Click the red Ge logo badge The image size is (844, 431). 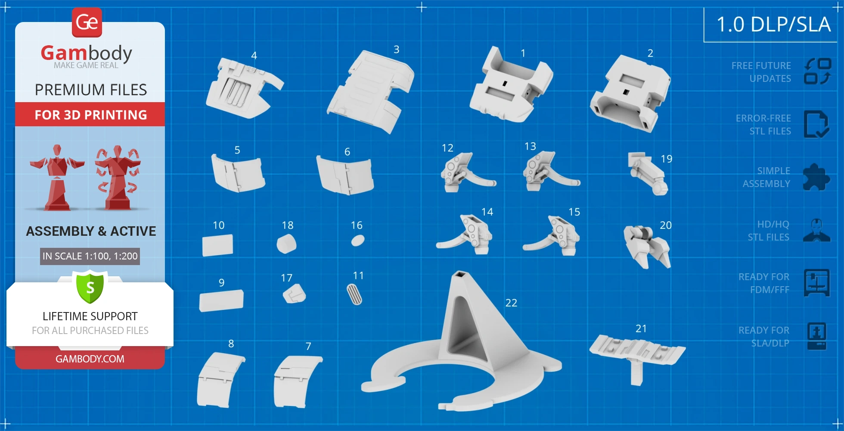click(x=87, y=22)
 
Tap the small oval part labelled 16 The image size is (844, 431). click(x=358, y=240)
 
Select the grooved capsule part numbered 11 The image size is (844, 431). click(x=354, y=294)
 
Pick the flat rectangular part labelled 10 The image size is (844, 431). click(x=217, y=245)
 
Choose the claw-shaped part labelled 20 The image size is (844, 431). click(x=647, y=246)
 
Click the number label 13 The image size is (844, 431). click(x=530, y=147)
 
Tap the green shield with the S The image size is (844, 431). click(x=90, y=287)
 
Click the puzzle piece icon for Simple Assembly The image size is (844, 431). click(x=816, y=177)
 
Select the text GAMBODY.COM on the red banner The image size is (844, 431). click(x=90, y=359)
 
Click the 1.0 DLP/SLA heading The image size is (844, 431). click(x=773, y=24)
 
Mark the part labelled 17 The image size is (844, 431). click(x=294, y=294)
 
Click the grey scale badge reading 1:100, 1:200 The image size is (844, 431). click(x=90, y=256)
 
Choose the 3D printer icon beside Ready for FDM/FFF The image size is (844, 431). click(x=816, y=283)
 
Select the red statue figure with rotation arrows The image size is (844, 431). click(x=118, y=178)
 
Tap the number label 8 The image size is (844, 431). click(x=231, y=344)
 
